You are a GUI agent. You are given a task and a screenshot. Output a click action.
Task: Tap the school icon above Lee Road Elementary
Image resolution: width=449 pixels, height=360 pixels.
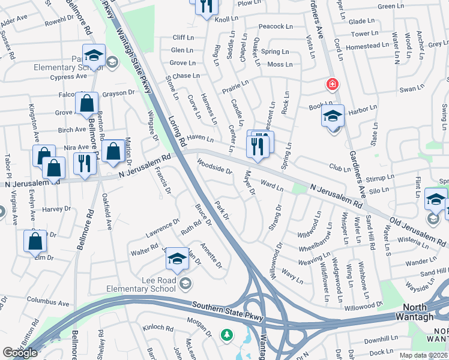[x=176, y=259]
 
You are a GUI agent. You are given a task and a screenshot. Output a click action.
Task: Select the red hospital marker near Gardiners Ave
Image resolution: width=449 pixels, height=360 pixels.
[x=331, y=85]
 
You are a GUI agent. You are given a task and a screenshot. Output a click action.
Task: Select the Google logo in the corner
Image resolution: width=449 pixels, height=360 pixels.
[x=20, y=353]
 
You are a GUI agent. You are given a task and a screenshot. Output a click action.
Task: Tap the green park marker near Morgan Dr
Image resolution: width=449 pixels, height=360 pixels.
[x=227, y=335]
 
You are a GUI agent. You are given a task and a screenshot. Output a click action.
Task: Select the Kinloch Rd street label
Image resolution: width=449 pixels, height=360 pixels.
[x=158, y=329]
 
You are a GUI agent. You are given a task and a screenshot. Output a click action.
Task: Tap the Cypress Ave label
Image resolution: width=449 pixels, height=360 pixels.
[x=69, y=77]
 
